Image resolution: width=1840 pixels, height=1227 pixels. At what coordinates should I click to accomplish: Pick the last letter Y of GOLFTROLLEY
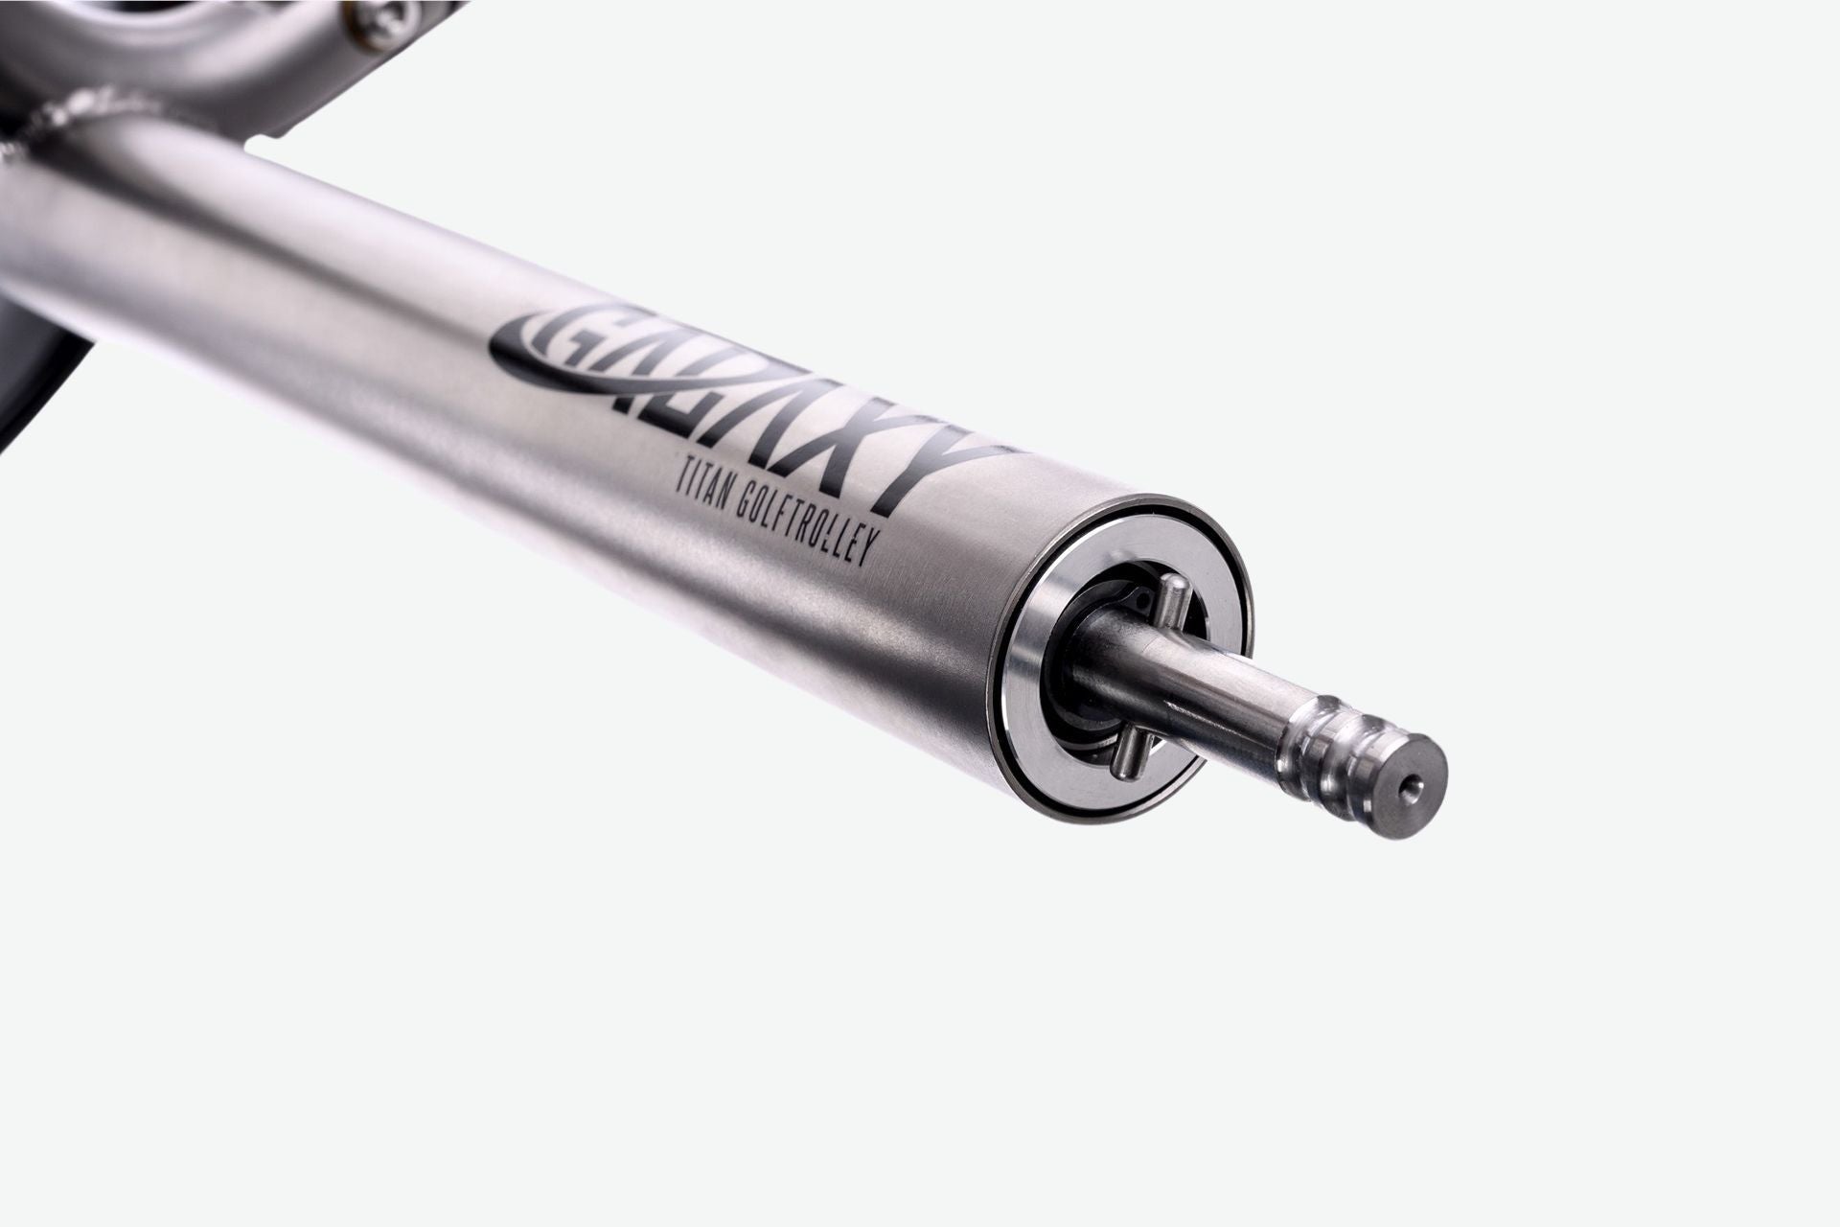(x=877, y=571)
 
